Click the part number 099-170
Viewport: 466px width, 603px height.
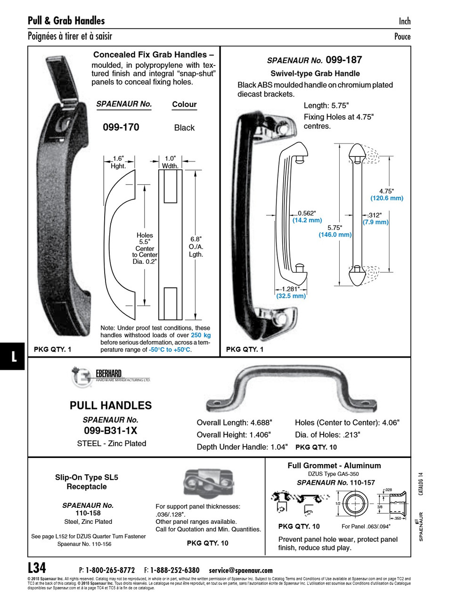click(121, 127)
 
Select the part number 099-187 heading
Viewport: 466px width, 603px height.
click(343, 60)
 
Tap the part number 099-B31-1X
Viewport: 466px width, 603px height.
click(110, 431)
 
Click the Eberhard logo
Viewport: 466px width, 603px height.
click(82, 377)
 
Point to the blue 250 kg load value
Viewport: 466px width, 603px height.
click(201, 335)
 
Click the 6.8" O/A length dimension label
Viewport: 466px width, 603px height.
click(196, 247)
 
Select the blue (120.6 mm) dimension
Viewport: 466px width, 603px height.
click(386, 198)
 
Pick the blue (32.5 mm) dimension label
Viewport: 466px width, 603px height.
click(291, 296)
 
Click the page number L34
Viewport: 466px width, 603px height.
click(37, 567)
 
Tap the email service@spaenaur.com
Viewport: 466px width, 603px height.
click(241, 570)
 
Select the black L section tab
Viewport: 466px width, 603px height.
click(13, 356)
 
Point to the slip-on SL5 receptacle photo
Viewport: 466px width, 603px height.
click(203, 483)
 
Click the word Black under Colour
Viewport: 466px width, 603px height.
click(184, 128)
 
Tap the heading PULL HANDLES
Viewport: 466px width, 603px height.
click(111, 406)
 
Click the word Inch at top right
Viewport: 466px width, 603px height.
click(404, 21)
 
